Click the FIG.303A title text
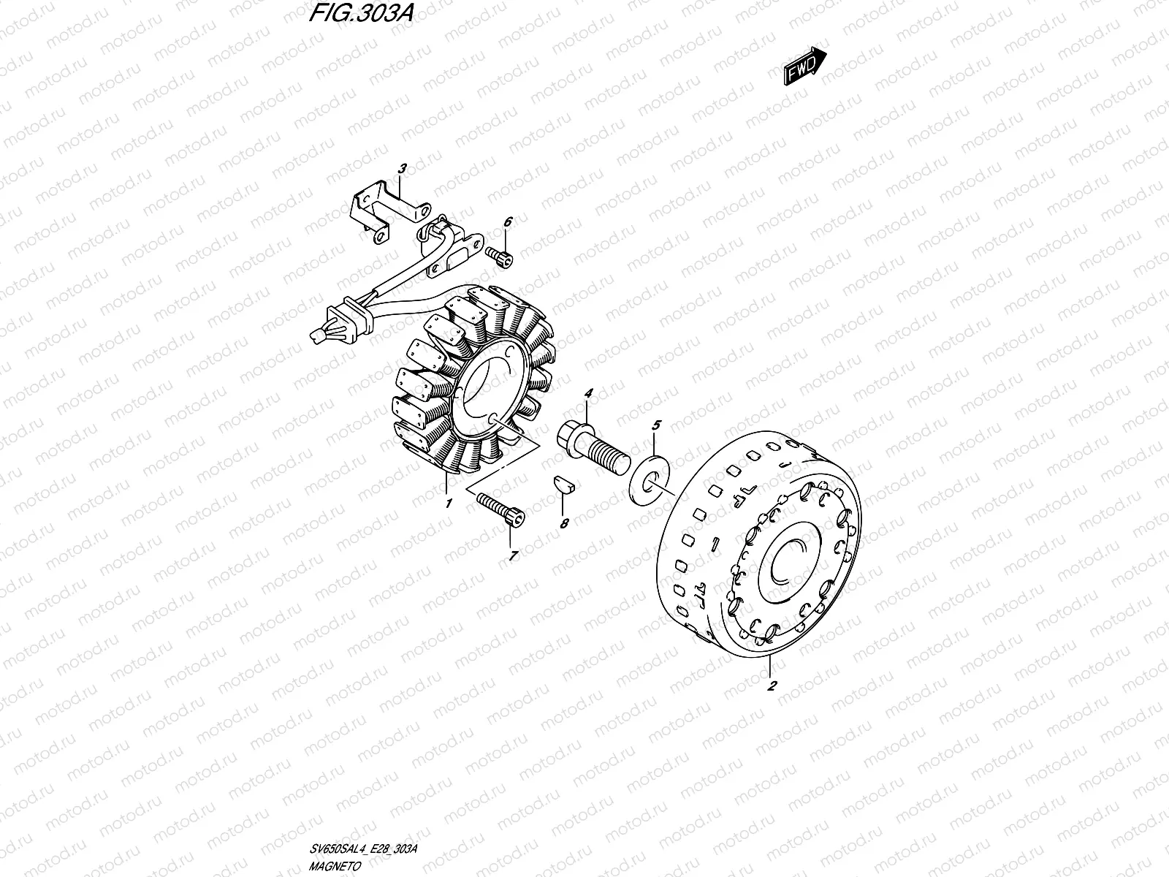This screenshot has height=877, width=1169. coord(361,12)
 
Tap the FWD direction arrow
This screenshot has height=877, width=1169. coord(804,66)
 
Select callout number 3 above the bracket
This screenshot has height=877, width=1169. coord(402,169)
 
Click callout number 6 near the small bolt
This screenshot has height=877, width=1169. coord(508,221)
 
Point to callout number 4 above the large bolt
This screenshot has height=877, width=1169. coord(588,393)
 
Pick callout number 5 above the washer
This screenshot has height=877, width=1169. coord(656,425)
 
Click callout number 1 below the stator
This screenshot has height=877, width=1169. coord(449,503)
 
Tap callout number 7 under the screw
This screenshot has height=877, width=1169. coord(513,556)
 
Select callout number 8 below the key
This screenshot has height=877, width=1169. coord(564,523)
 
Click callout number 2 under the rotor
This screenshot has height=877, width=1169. coord(772,686)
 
